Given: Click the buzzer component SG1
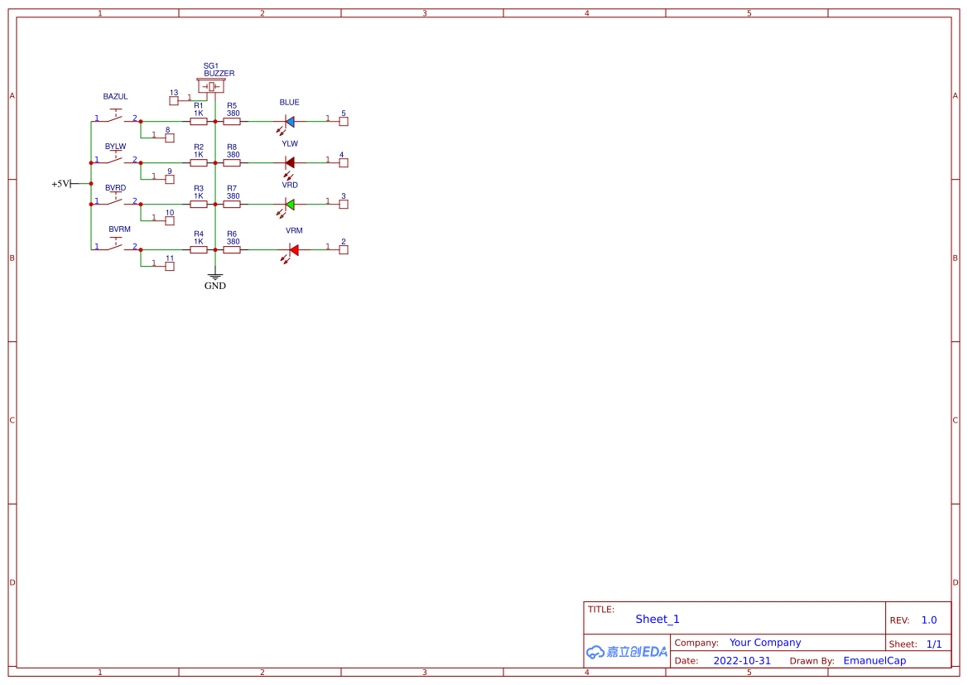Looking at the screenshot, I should [211, 87].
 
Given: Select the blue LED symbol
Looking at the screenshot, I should [290, 122].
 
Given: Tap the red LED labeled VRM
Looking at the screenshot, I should [293, 249].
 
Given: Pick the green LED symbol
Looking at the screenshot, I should [290, 204].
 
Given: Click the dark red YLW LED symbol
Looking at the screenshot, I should [290, 163].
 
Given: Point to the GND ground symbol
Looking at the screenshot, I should [215, 279].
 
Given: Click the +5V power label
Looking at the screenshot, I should [62, 184].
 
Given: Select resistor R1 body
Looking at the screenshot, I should [199, 122].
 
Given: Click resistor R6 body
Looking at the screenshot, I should [232, 249].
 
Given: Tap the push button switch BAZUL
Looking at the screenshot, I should [116, 118].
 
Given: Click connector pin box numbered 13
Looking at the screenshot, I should [174, 101].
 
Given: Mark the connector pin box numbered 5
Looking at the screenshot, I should [344, 122].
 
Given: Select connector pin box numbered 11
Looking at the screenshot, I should [170, 266].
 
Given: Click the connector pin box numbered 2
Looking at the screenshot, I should [344, 249].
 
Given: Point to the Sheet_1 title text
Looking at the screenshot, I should [657, 620].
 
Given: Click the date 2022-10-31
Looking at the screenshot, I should [742, 661].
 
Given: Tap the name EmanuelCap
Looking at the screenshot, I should [874, 661].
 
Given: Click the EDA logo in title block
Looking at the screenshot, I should [627, 652].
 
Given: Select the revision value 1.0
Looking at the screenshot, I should [929, 620].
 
